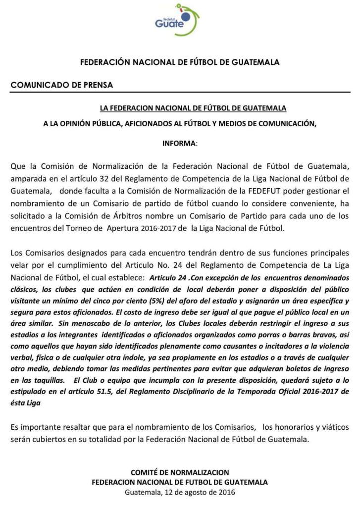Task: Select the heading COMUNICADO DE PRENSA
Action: point(62,85)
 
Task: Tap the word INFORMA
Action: point(179,143)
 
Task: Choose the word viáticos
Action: point(333,426)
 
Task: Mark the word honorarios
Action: point(293,426)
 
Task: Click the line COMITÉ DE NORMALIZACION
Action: point(180,472)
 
